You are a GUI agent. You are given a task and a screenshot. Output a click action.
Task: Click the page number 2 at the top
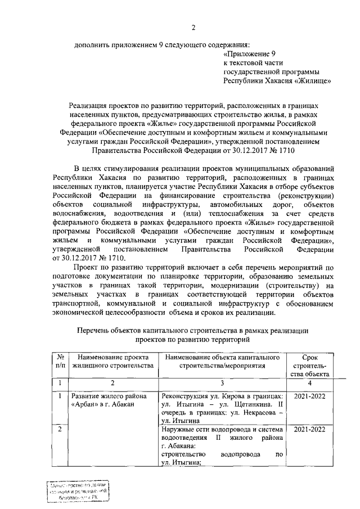tap(193, 29)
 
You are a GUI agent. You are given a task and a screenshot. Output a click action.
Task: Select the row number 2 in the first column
tap(59, 430)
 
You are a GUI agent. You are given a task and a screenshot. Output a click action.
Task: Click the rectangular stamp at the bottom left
tap(77, 492)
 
